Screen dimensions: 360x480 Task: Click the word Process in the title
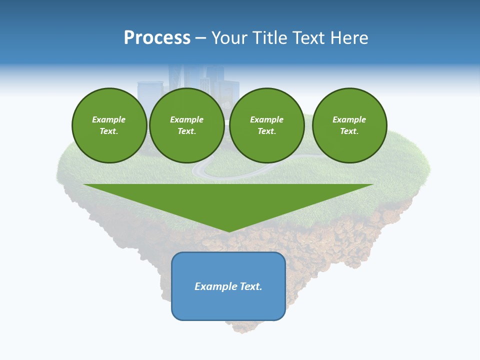coord(157,38)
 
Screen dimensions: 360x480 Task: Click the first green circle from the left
coord(109,125)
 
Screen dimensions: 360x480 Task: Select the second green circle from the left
coord(187,125)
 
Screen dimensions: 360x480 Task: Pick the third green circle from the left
coord(267,125)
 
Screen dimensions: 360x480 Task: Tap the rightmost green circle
coord(349,125)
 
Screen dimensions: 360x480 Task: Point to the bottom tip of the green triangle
coord(229,231)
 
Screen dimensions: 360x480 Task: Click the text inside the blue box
coord(228,286)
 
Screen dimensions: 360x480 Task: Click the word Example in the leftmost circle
coord(109,119)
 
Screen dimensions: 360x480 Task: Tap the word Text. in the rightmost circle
coord(349,131)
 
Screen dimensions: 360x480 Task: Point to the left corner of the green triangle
coord(84,184)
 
